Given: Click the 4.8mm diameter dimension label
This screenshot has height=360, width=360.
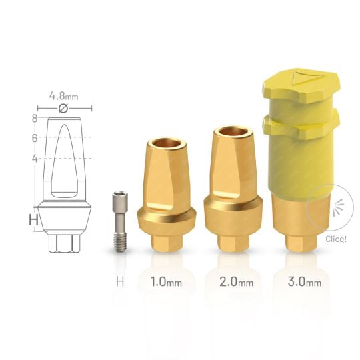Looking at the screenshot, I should pyautogui.click(x=64, y=96).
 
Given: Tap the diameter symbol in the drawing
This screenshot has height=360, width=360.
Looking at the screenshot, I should pyautogui.click(x=63, y=108).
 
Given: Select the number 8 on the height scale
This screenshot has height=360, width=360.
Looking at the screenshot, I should pyautogui.click(x=32, y=119).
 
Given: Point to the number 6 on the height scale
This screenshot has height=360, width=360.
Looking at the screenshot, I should pyautogui.click(x=32, y=138).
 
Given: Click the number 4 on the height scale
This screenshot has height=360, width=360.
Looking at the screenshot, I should pyautogui.click(x=32, y=158).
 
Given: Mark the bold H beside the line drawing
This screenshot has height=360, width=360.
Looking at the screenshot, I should pyautogui.click(x=31, y=218).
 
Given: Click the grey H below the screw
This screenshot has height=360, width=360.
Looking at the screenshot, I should pyautogui.click(x=120, y=281).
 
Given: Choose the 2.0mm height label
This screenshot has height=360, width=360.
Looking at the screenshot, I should pyautogui.click(x=236, y=281).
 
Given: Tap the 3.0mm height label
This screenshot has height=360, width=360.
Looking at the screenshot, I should pyautogui.click(x=305, y=281).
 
